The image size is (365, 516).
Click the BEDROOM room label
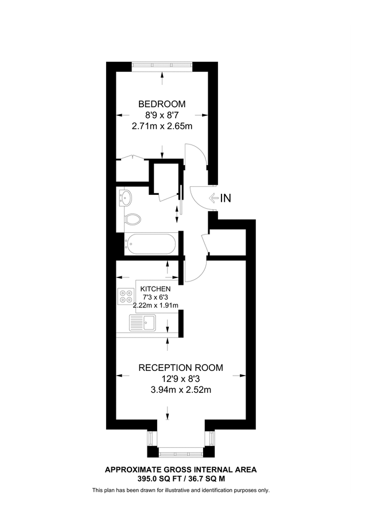tap(162, 104)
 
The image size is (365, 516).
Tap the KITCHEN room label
tap(156, 288)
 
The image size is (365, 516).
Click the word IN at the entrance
tap(226, 198)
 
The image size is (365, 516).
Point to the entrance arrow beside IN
tap(213, 198)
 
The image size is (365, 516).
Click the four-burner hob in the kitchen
tap(125, 296)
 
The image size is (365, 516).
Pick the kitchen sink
tap(149, 322)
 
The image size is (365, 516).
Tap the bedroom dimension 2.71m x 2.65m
tap(162, 125)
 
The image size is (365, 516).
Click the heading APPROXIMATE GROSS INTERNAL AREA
tap(180, 469)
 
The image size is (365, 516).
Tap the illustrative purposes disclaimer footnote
tap(180, 490)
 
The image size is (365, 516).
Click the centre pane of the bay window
tap(180, 453)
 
